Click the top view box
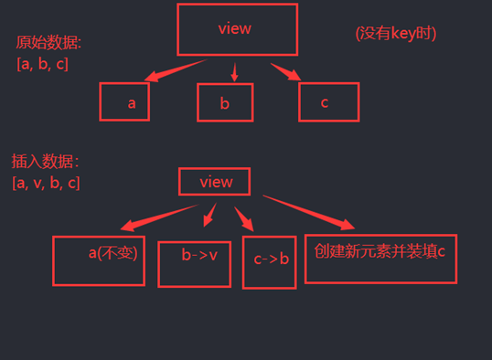point(238,29)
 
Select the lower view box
point(217,182)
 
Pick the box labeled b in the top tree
point(224,102)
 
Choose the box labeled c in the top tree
point(328,101)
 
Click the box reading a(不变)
point(99,259)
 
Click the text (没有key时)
point(395,33)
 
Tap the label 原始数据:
point(48,44)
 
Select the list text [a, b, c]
point(42,64)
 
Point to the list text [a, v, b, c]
point(47,183)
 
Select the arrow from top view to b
point(235,73)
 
